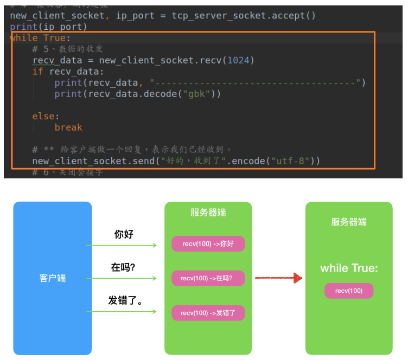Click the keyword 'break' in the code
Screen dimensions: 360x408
coord(68,127)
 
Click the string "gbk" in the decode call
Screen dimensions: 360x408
coord(196,94)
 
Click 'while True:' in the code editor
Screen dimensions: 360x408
coord(41,38)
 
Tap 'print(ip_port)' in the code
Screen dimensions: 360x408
coord(48,27)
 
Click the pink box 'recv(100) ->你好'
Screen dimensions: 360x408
coord(208,244)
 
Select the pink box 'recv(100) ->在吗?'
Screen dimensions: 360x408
coord(208,278)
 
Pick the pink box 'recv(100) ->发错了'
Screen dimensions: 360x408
coord(208,313)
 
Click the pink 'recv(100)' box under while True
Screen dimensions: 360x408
coord(349,291)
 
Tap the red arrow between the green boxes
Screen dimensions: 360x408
coord(278,278)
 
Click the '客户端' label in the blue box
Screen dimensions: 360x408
coord(53,278)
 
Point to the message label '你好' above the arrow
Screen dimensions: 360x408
coord(124,234)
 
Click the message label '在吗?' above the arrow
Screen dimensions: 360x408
coord(123,267)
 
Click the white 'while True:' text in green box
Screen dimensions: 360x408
coord(349,268)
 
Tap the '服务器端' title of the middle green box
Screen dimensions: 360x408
coord(208,213)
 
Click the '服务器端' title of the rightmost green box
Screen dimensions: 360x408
coord(349,222)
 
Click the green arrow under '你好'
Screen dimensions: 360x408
coord(122,246)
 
